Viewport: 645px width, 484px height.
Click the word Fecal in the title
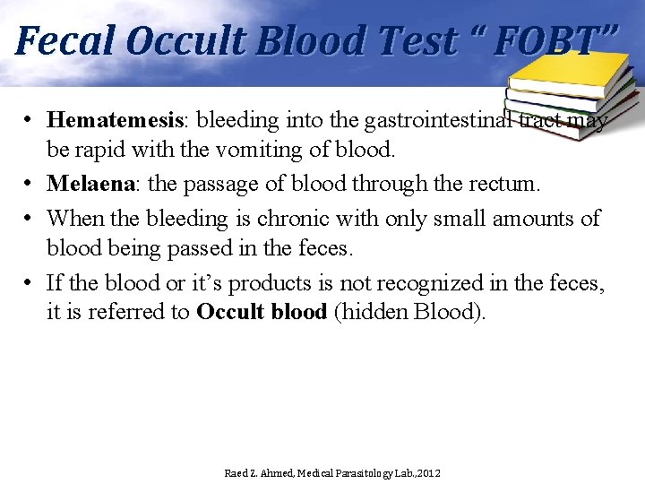click(64, 40)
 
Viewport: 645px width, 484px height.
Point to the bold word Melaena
click(90, 184)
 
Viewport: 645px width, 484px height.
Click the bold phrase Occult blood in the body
click(262, 313)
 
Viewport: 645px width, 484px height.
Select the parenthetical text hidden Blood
click(409, 313)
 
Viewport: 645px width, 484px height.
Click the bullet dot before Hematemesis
click(30, 119)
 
